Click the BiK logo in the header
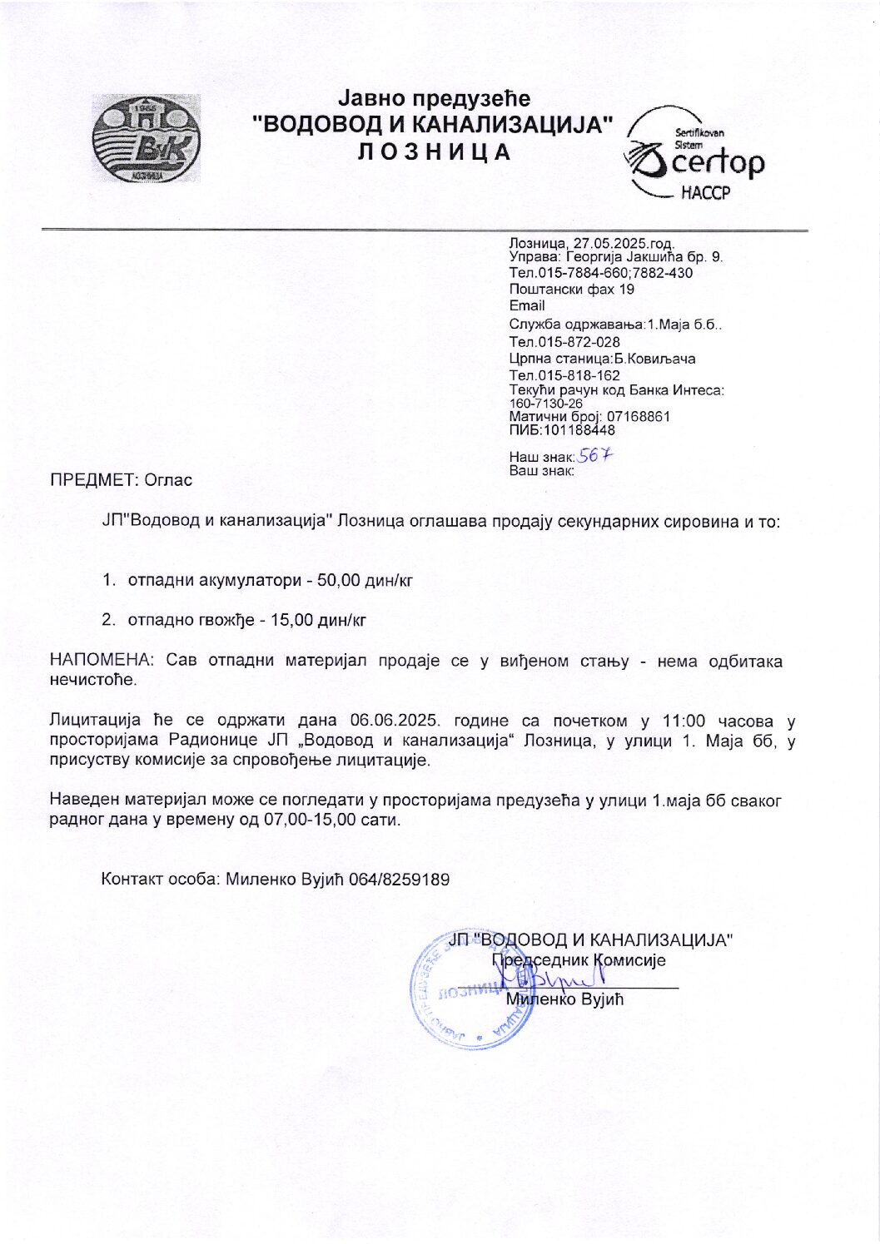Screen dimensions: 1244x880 pyautogui.click(x=146, y=138)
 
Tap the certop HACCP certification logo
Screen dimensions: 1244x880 pyautogui.click(x=694, y=156)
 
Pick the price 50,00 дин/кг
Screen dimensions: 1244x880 pyautogui.click(x=365, y=580)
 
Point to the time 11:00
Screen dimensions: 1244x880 pyautogui.click(x=683, y=721)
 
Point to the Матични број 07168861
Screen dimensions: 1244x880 pyautogui.click(x=639, y=416)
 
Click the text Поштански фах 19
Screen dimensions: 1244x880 pyautogui.click(x=571, y=290)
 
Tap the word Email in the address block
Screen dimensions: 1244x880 pyautogui.click(x=526, y=305)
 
